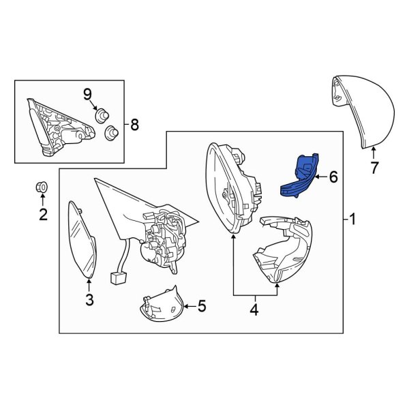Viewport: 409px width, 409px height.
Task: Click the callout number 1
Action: [352, 219]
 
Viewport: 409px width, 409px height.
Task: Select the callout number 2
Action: [44, 215]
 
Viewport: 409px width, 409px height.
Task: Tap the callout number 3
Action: [89, 299]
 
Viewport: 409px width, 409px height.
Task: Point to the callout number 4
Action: [254, 310]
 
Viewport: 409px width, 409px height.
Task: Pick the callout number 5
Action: [202, 305]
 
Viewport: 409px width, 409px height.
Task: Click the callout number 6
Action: [333, 177]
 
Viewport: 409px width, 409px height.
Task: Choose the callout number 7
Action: [374, 168]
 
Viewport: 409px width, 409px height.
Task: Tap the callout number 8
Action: [134, 125]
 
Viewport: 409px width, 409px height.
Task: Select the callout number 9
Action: [88, 95]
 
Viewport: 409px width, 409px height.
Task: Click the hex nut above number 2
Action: [42, 187]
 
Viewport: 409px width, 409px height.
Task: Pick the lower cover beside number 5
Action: [161, 305]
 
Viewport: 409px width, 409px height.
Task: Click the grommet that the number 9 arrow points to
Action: [102, 117]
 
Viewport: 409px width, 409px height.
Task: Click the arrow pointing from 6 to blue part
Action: [321, 177]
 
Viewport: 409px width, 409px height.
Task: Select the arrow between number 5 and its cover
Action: [190, 305]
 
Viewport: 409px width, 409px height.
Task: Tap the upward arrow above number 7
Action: [374, 153]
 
